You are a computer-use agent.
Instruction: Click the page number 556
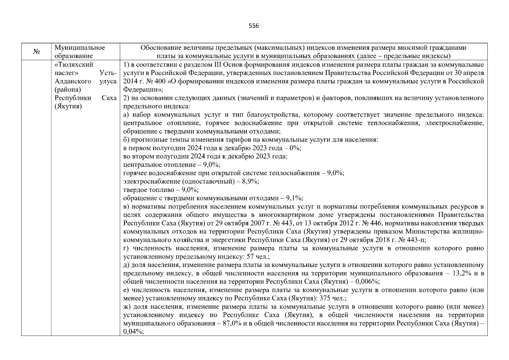pyautogui.click(x=254, y=26)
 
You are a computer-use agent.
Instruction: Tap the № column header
pyautogui.click(x=36, y=52)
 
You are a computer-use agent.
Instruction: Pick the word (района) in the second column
pyautogui.click(x=68, y=90)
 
